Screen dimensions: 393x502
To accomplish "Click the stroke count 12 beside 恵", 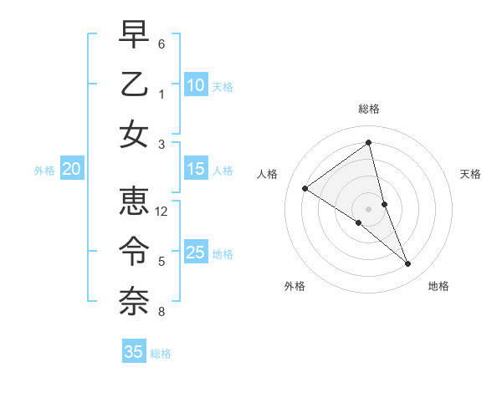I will (x=162, y=212).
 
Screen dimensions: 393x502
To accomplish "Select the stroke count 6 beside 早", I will (x=161, y=43).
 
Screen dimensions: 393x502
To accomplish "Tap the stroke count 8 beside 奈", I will (x=161, y=313).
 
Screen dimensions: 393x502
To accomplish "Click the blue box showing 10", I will (x=195, y=84).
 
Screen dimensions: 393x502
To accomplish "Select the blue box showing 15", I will (x=195, y=169).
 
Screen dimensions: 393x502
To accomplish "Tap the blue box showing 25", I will (x=195, y=252).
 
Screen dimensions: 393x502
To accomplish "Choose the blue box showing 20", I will (x=71, y=169).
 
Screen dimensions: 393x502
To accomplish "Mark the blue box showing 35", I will (x=134, y=352).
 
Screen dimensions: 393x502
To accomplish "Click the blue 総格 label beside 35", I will (x=161, y=354).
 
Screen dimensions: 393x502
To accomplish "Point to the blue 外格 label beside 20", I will (x=44, y=171).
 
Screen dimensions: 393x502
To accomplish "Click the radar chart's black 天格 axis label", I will (x=470, y=174).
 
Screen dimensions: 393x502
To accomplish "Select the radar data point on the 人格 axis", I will (x=305, y=189).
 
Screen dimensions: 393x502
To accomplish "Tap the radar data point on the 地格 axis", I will (x=408, y=264).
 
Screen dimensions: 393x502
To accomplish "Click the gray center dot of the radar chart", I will (x=369, y=208).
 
